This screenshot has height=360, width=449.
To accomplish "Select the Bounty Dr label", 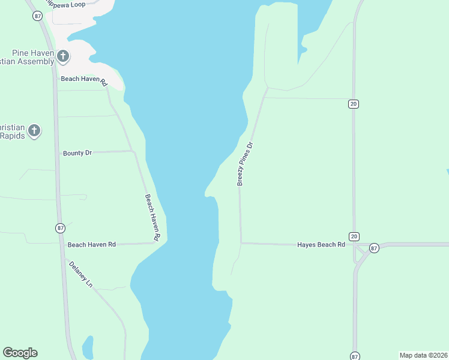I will [77, 153].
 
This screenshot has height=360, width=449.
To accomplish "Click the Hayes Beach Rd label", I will [321, 245].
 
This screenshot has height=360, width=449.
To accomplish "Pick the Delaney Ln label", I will [81, 274].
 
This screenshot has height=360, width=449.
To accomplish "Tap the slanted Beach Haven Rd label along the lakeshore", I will [152, 218].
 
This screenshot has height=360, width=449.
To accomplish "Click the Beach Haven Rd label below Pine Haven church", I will [83, 80].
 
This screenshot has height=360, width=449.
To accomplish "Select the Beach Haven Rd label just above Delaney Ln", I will [91, 245].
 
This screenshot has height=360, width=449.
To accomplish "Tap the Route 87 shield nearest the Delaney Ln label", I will [60, 228].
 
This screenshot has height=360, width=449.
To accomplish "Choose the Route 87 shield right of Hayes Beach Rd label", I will [374, 248].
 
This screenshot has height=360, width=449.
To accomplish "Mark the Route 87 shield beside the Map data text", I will [355, 355].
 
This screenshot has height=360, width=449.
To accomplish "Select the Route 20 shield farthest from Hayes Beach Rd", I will [354, 104].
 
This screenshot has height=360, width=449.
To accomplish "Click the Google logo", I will [20, 353].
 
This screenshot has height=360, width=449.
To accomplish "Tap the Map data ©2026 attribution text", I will [423, 355].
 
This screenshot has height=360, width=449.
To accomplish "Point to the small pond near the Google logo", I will [88, 346].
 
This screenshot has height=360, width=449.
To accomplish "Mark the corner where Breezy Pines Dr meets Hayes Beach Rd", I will [241, 243].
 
